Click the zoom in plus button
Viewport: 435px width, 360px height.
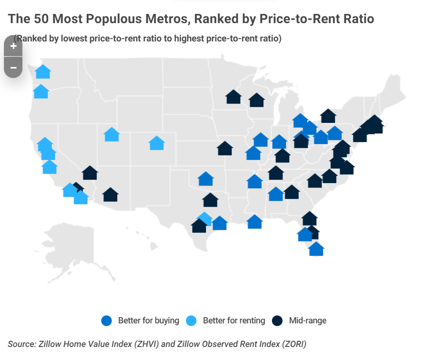click(13, 46)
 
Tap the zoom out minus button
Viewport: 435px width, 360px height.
click(13, 67)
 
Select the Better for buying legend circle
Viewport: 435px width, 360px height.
click(107, 320)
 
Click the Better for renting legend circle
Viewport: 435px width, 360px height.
click(191, 320)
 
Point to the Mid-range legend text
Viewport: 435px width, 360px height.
click(308, 320)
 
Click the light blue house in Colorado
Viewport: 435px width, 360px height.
click(157, 143)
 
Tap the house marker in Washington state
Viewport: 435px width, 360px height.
click(43, 72)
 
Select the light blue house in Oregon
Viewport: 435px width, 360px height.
click(41, 92)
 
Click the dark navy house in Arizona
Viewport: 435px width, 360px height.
click(110, 195)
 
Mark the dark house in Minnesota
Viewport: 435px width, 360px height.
click(233, 97)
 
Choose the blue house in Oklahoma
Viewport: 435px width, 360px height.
click(205, 179)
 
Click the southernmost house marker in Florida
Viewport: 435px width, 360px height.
click(316, 249)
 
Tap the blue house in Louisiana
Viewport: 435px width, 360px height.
click(254, 222)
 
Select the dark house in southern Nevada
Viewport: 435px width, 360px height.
click(90, 173)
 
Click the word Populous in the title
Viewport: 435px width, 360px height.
click(80, 19)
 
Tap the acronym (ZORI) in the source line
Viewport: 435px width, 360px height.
click(292, 344)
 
